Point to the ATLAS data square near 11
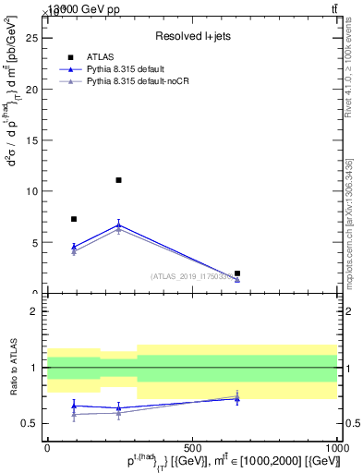click(119, 180)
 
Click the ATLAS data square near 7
click(74, 219)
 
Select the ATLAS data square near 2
click(237, 273)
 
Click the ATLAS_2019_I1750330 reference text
click(191, 276)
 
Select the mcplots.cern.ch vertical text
click(349, 223)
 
